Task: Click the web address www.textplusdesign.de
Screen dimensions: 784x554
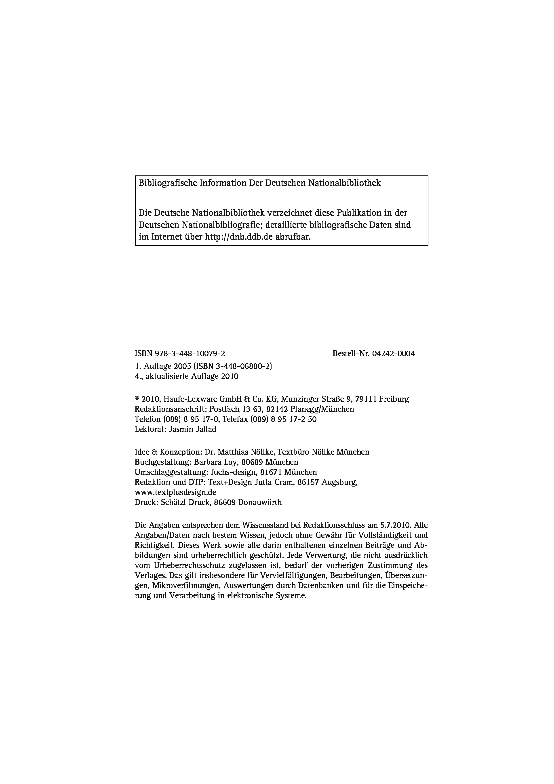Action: point(175,492)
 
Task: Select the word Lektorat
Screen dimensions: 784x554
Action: point(150,429)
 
